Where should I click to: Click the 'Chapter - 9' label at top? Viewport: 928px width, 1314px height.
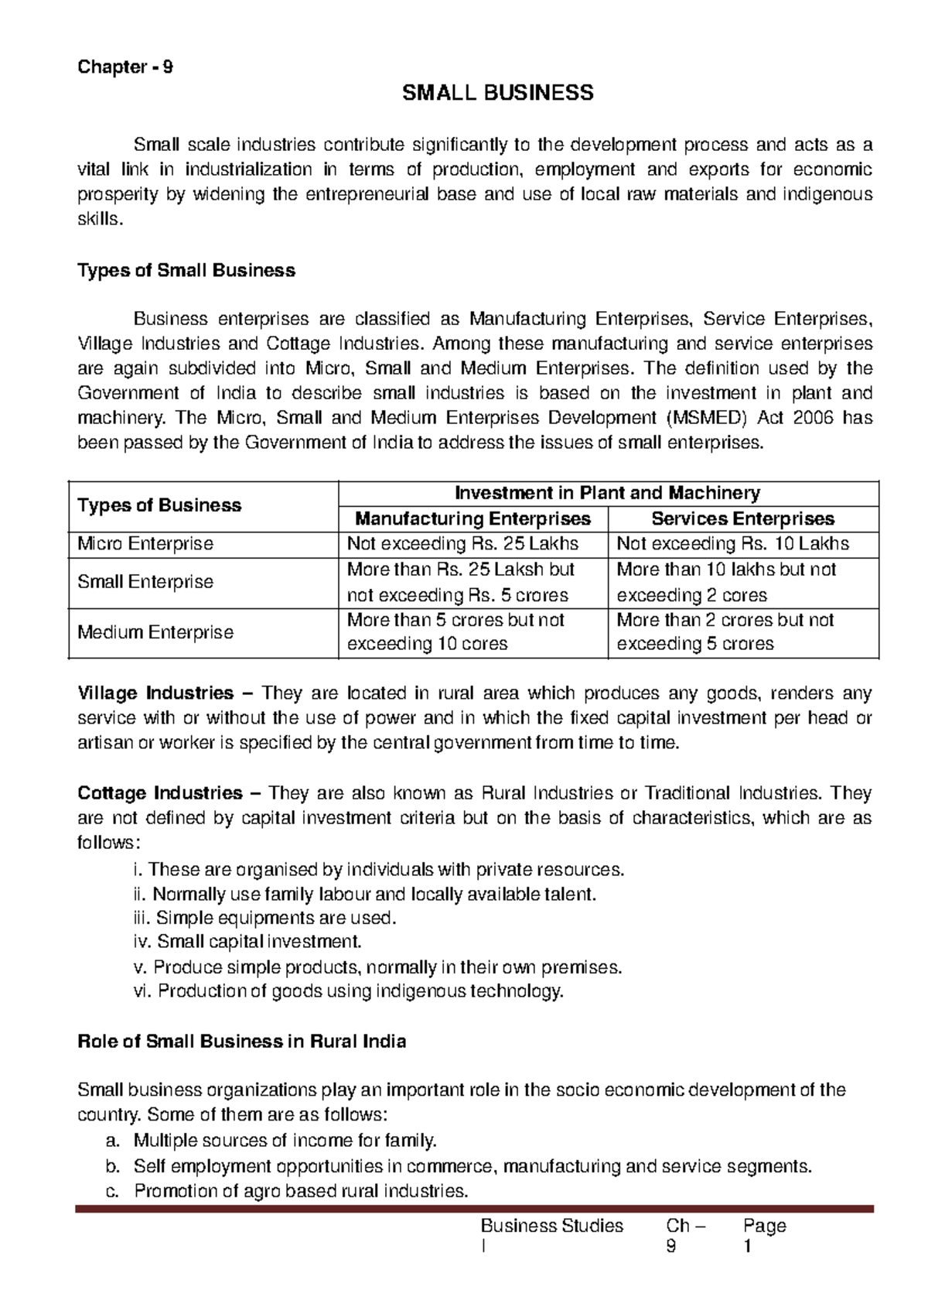pyautogui.click(x=125, y=67)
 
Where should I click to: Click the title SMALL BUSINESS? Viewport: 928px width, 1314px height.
pyautogui.click(x=497, y=94)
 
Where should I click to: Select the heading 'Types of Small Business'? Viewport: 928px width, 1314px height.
pyautogui.click(x=186, y=271)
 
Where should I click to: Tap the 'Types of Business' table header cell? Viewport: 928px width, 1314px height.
pyautogui.click(x=159, y=505)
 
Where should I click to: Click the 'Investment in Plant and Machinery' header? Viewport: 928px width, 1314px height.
pyautogui.click(x=607, y=493)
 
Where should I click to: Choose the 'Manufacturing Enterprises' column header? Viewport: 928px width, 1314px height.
pyautogui.click(x=473, y=518)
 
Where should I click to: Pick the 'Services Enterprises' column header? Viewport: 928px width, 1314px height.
pyautogui.click(x=742, y=518)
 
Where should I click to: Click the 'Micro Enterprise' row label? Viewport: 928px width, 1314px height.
pyautogui.click(x=145, y=544)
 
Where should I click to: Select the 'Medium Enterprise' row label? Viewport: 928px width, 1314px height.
pyautogui.click(x=155, y=632)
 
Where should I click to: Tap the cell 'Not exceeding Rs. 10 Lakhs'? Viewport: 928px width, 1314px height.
pyautogui.click(x=732, y=544)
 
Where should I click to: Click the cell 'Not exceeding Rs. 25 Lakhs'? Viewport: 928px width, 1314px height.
pyautogui.click(x=462, y=544)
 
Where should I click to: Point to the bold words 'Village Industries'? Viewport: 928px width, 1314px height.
pyautogui.click(x=155, y=693)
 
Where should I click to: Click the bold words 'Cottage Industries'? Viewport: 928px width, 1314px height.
pyautogui.click(x=160, y=793)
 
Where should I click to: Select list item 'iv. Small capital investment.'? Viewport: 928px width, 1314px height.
pyautogui.click(x=247, y=942)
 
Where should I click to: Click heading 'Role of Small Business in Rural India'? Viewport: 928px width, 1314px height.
pyautogui.click(x=242, y=1042)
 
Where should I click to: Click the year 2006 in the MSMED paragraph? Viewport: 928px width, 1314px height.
pyautogui.click(x=811, y=418)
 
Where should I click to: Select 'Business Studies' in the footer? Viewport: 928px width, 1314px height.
pyautogui.click(x=551, y=1226)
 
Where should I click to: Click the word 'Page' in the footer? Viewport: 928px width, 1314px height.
pyautogui.click(x=764, y=1226)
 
